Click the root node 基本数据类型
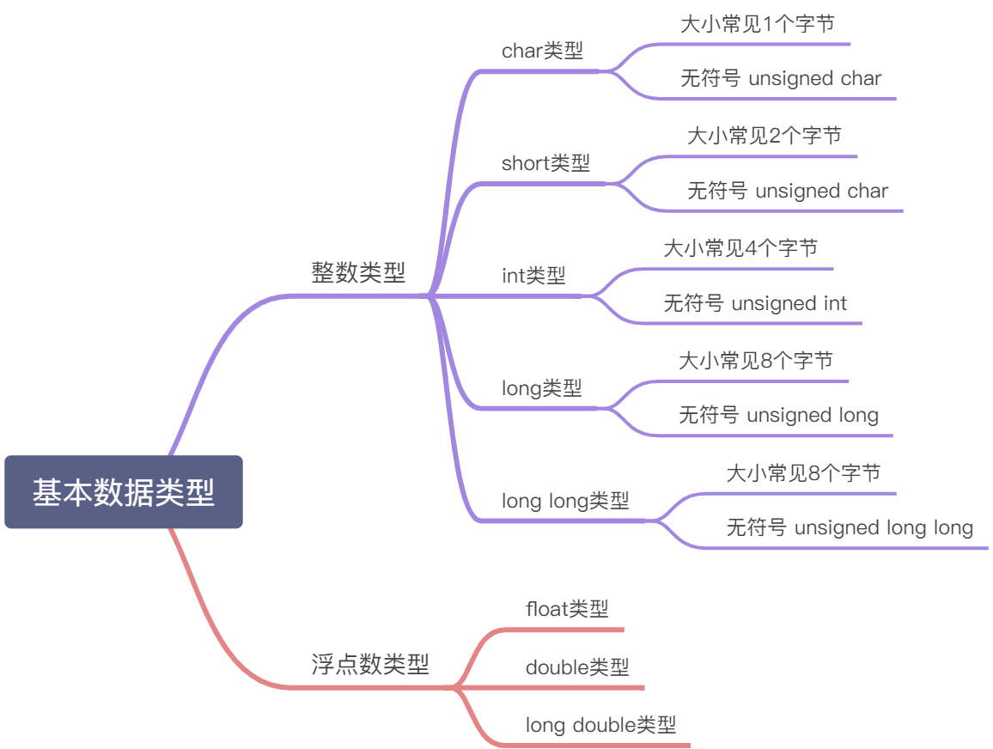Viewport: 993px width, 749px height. pos(124,492)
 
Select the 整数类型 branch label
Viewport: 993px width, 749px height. pos(358,273)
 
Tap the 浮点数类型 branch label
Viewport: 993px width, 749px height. pos(370,664)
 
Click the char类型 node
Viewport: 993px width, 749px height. pos(542,51)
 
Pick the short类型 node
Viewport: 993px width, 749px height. pos(545,163)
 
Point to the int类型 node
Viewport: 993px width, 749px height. pos(533,276)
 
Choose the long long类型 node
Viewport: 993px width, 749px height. pos(565,501)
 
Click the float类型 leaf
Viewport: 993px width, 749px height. pos(567,609)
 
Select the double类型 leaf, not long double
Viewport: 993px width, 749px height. pos(577,667)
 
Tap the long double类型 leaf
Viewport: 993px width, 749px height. pos(600,725)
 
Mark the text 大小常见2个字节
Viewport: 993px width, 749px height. pos(764,136)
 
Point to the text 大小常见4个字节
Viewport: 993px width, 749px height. pos(740,248)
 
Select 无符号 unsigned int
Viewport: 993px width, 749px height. pos(755,303)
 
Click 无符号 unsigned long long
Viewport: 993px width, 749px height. pos(850,527)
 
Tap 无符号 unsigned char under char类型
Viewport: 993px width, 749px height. pos(781,79)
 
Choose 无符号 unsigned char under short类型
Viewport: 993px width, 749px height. pos(788,191)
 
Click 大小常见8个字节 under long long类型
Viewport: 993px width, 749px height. pos(803,473)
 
